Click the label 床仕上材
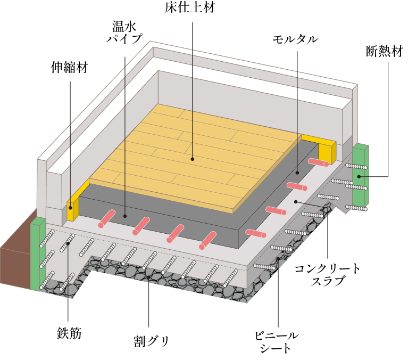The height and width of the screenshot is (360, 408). [190, 7]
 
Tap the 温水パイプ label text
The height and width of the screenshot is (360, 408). [124, 32]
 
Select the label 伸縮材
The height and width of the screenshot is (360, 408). [70, 67]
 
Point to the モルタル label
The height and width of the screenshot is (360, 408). [295, 39]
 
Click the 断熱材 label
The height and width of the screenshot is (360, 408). [385, 51]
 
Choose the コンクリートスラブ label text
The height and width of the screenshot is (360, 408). [327, 274]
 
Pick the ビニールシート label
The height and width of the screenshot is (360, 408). [276, 342]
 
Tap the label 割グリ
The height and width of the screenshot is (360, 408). [151, 341]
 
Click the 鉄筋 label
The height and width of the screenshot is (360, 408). [69, 333]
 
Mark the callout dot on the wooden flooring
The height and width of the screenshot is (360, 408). [193, 159]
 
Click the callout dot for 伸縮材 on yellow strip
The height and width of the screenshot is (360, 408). [70, 208]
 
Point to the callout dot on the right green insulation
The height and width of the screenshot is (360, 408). [359, 177]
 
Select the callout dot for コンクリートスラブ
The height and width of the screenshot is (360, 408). [296, 201]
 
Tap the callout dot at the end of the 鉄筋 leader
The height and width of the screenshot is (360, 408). [68, 243]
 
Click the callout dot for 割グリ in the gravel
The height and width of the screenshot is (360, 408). [148, 277]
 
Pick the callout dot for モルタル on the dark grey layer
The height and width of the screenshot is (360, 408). [297, 173]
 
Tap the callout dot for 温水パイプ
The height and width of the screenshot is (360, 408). [125, 216]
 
